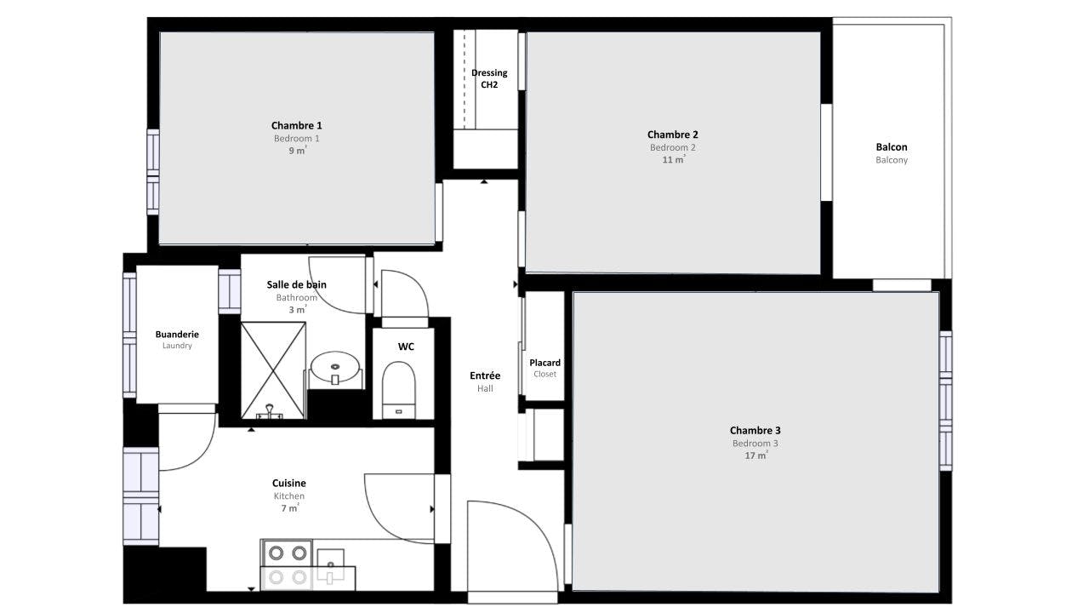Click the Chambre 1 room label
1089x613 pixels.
[296, 126]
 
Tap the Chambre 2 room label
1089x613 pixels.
[672, 135]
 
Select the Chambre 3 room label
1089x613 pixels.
[755, 431]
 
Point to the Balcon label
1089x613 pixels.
[891, 147]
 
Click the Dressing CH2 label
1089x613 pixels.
[489, 78]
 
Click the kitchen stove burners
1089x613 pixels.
[287, 564]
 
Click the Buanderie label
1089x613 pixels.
[177, 335]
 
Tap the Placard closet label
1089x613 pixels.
[544, 363]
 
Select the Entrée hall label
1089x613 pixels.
[485, 375]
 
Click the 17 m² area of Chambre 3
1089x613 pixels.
[755, 455]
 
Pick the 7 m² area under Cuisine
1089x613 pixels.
[289, 508]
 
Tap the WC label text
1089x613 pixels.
[406, 347]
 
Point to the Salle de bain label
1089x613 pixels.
[296, 284]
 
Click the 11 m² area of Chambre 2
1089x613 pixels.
[673, 159]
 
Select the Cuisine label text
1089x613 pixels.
[289, 483]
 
